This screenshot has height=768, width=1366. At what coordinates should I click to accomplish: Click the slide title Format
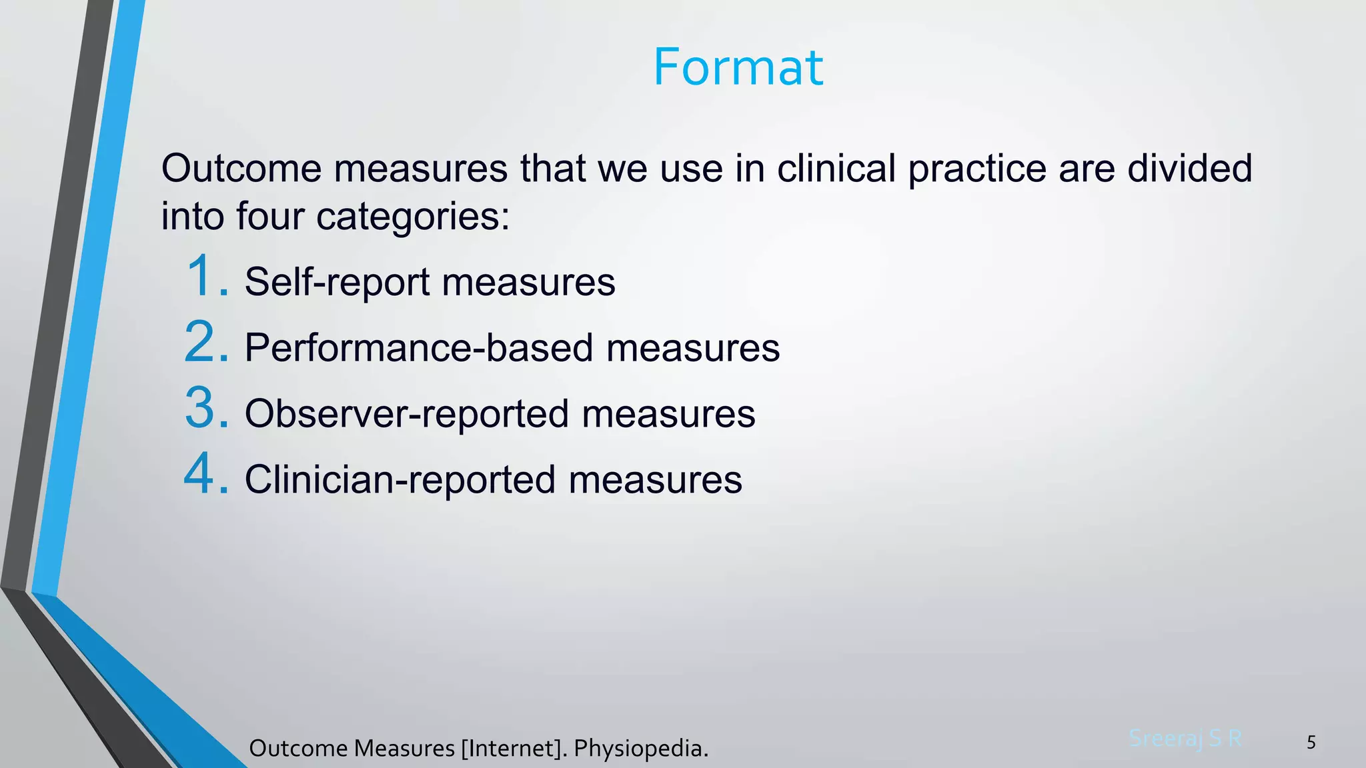point(738,67)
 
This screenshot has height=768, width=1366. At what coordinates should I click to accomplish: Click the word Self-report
point(337,282)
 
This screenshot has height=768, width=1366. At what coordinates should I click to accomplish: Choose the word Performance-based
point(419,348)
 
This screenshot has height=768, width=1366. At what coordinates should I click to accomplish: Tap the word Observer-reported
point(406,414)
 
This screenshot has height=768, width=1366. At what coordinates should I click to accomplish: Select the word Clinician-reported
point(400,480)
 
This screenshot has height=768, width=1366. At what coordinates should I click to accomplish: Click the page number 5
point(1311,743)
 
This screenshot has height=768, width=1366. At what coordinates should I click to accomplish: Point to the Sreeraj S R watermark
point(1185,739)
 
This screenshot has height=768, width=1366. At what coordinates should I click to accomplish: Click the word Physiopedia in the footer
point(640,749)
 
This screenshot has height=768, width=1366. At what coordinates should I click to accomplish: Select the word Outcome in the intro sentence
point(241,168)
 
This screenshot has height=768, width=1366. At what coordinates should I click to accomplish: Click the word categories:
point(413,217)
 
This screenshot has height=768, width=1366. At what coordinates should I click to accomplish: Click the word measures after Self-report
point(528,282)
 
